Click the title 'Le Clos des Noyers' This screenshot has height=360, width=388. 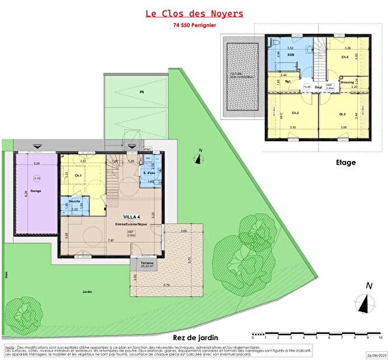point(194,13)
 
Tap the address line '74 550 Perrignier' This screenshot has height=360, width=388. point(194,26)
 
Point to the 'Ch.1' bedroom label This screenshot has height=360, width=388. point(78,176)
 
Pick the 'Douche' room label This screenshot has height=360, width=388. point(75,201)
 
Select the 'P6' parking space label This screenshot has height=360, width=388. point(143,91)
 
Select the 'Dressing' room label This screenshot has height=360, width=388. point(347,81)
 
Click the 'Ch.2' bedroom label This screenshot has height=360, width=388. point(295,112)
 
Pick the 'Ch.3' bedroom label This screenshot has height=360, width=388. point(341,113)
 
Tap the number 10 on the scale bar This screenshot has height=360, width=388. point(379,337)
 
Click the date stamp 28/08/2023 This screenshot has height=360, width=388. point(376,355)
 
